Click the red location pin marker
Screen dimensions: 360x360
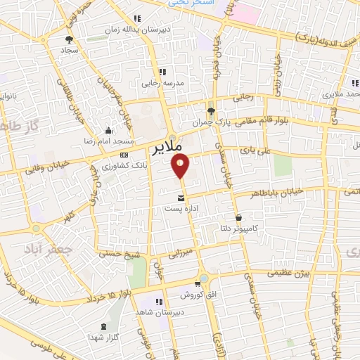point(181,166)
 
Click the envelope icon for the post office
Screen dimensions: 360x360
point(181,198)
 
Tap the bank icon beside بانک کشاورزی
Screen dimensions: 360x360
point(124,155)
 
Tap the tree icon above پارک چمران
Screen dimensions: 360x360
point(211,110)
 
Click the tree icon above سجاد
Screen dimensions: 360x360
point(69,39)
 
